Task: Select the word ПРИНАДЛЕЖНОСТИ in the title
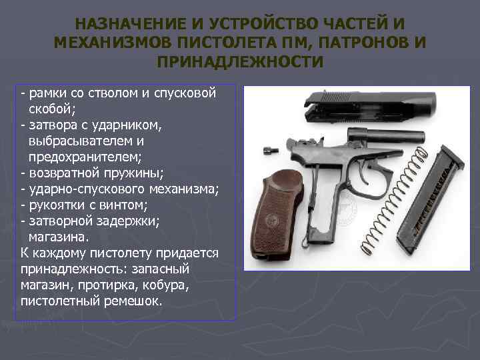click(x=239, y=63)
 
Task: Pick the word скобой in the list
click(x=53, y=109)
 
